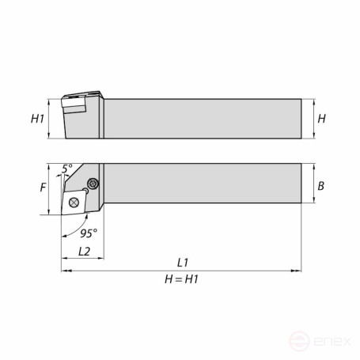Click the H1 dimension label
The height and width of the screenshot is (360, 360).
[36, 119]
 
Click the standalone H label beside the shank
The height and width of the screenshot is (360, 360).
[321, 119]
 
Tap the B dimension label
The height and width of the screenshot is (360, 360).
[321, 187]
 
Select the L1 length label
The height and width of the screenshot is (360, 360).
[184, 262]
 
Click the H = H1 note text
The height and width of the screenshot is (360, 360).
[183, 279]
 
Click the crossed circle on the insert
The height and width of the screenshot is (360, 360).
[74, 203]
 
